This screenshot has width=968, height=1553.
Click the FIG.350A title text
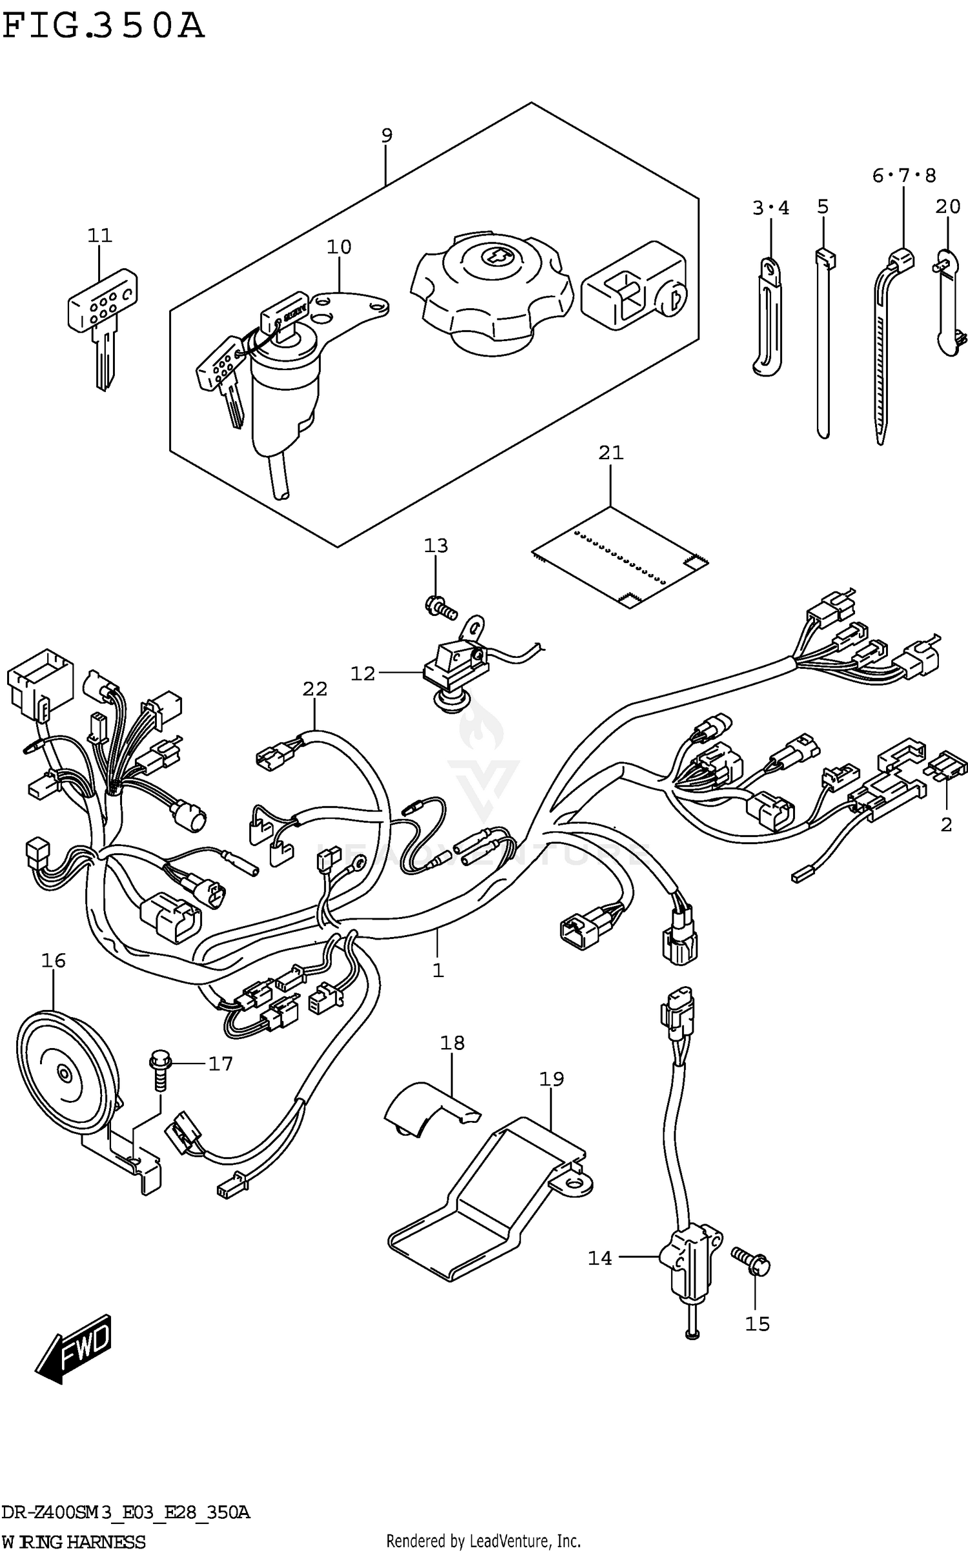pos(103,27)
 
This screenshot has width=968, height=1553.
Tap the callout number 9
pos(386,136)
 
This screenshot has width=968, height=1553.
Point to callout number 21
pos(611,453)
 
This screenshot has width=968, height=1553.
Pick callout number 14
pos(600,1258)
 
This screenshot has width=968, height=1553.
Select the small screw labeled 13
pos(439,606)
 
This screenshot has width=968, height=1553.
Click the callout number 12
pos(362,673)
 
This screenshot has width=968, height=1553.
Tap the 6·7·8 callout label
pos(903,175)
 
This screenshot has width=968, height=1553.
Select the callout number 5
pos(822,207)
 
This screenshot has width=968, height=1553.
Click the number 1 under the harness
pos(438,989)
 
